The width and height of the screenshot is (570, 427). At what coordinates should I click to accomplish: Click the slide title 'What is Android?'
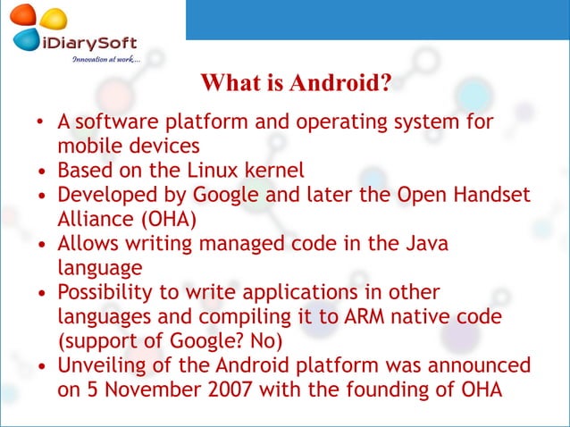(296, 85)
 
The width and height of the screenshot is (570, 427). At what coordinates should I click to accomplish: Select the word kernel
(271, 170)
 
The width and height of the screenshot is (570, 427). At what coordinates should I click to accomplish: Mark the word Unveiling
(99, 365)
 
